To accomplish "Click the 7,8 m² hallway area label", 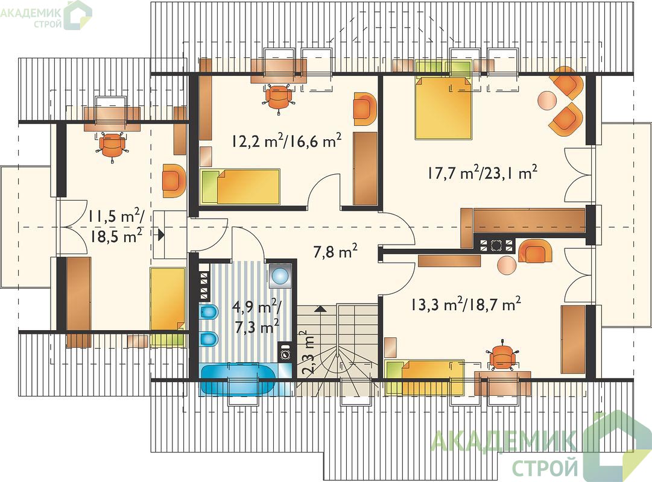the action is coord(336,251).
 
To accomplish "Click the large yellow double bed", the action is coord(444,107).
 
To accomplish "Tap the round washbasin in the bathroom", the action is coord(280,275).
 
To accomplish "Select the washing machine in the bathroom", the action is coord(286,354).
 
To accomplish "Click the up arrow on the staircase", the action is coord(320,308).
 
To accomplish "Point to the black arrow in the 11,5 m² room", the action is coord(160,236).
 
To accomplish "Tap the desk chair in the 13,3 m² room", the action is coord(504,355).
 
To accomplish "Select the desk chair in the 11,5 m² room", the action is coord(112,146).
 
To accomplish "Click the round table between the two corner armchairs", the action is coord(547,100).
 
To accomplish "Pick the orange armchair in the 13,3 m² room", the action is coord(536,251).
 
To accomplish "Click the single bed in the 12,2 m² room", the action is coord(239,186).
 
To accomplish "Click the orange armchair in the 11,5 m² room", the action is coord(174,180).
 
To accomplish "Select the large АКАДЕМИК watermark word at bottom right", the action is coord(504,440).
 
